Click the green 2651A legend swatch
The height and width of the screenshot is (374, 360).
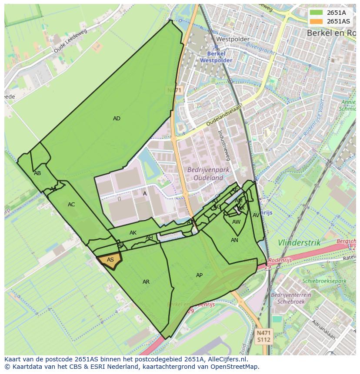(316, 12)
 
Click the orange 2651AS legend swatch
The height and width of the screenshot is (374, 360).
(316, 21)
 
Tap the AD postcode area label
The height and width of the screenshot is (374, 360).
(117, 119)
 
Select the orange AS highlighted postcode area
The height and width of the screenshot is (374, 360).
(110, 260)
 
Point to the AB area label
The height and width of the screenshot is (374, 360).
(37, 173)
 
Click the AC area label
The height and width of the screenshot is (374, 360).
(71, 205)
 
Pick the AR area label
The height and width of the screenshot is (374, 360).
(146, 282)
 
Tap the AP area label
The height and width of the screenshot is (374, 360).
(199, 275)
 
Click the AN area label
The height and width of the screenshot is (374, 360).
(234, 240)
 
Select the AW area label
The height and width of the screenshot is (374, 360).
(236, 222)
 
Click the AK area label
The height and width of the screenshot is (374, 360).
(133, 233)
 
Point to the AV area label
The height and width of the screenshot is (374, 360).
(256, 215)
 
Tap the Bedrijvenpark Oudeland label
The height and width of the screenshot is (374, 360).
(205, 174)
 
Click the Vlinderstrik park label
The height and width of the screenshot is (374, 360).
(299, 242)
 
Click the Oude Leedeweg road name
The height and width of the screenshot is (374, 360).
(70, 41)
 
